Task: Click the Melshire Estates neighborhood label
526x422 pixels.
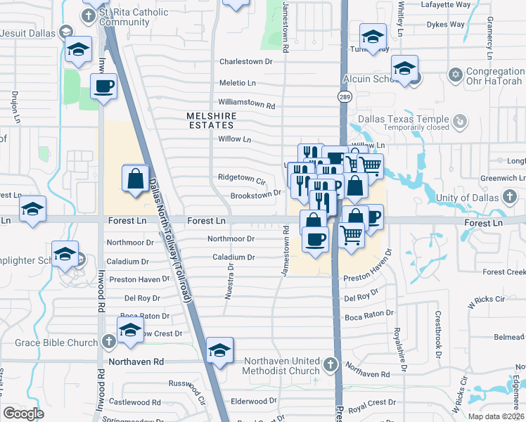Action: click(211, 120)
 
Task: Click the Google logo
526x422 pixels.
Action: click(23, 414)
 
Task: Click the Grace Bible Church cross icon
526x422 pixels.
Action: click(108, 343)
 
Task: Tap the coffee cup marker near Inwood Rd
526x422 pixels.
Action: click(105, 87)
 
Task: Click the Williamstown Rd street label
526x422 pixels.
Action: click(246, 104)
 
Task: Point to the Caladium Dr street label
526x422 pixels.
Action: click(233, 257)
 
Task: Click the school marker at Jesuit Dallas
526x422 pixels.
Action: click(79, 50)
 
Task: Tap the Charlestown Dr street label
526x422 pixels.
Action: click(245, 62)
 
